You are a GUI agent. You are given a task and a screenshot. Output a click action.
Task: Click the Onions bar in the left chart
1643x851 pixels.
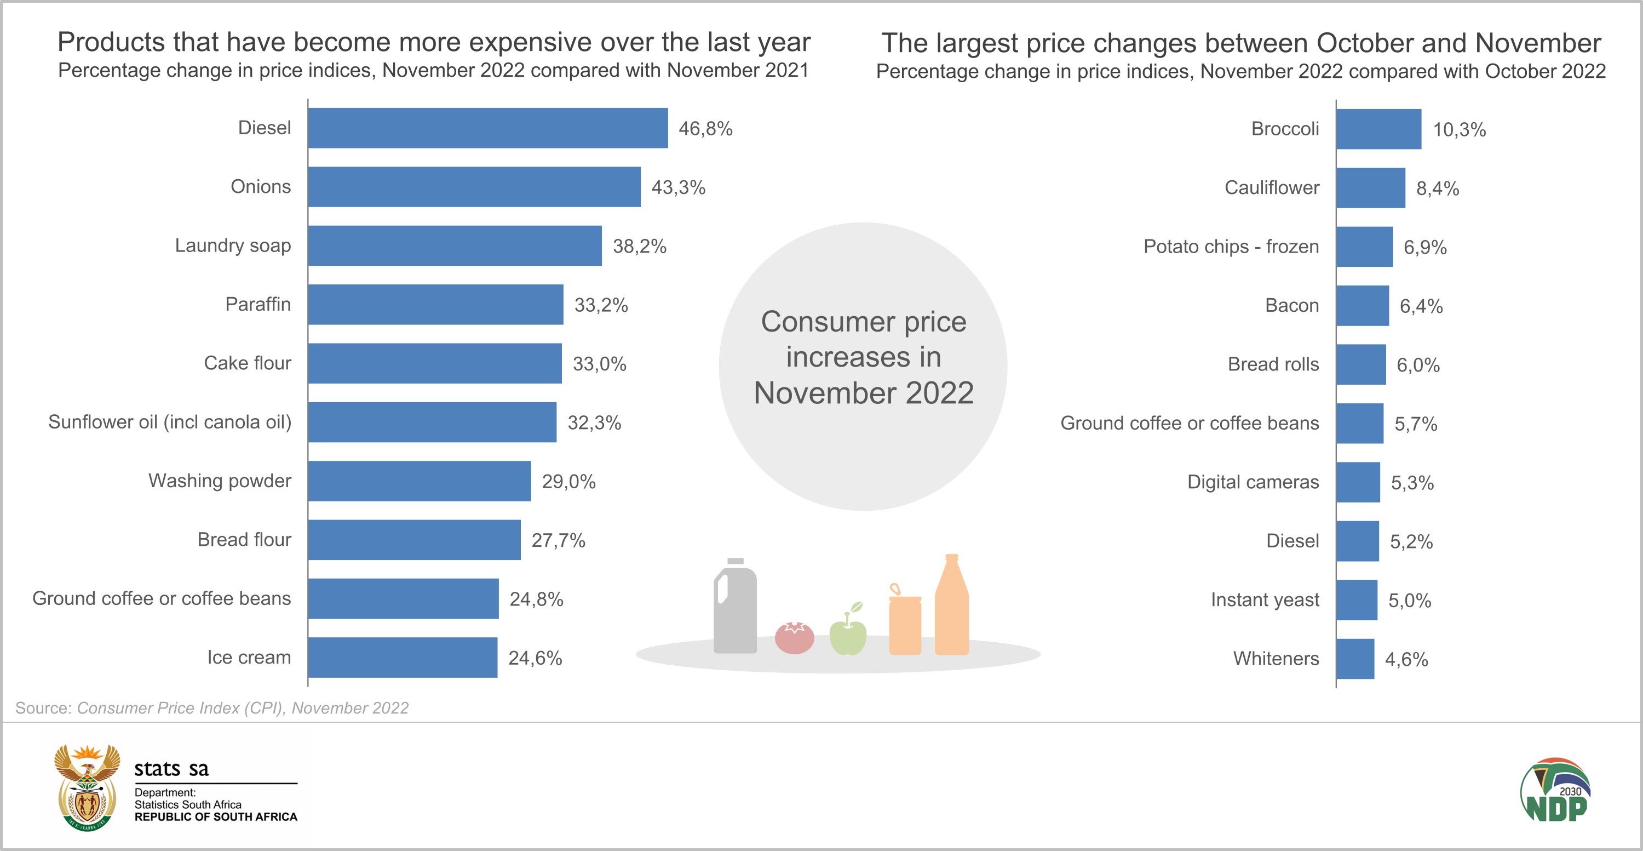pyautogui.click(x=474, y=187)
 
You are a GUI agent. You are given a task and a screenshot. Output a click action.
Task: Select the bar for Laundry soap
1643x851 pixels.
pyautogui.click(x=455, y=245)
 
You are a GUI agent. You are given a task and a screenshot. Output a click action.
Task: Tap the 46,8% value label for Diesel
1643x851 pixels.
pyautogui.click(x=705, y=129)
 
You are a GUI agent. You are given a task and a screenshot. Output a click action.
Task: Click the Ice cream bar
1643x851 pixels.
pyautogui.click(x=403, y=657)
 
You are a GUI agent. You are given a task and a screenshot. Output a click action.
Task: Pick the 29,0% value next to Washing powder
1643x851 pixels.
pyautogui.click(x=568, y=482)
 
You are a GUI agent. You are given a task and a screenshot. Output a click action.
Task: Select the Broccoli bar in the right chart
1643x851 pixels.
pyautogui.click(x=1378, y=129)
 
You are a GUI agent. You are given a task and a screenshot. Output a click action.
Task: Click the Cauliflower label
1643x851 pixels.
pyautogui.click(x=1271, y=188)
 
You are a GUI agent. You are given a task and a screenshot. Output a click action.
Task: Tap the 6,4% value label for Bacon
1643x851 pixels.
pyautogui.click(x=1421, y=306)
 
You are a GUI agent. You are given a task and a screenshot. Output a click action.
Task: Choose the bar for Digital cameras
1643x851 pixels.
pyautogui.click(x=1358, y=482)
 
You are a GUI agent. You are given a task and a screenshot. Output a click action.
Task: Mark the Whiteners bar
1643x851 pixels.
pyautogui.click(x=1355, y=659)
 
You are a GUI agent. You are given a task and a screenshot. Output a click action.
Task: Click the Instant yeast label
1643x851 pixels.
pyautogui.click(x=1265, y=599)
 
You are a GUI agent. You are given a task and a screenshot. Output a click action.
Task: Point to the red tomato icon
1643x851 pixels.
pyautogui.click(x=794, y=637)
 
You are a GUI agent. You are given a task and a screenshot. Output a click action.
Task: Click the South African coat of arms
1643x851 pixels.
pyautogui.click(x=87, y=788)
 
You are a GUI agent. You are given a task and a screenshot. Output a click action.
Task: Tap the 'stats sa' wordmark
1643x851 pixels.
pyautogui.click(x=171, y=769)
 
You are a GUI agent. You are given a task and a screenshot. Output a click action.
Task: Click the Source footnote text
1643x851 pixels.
pyautogui.click(x=212, y=708)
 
